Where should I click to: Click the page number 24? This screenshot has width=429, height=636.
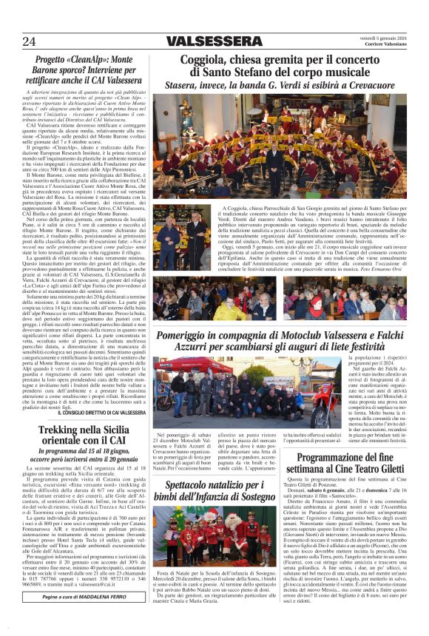[30, 41]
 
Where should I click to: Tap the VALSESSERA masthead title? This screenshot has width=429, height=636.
[214, 41]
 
